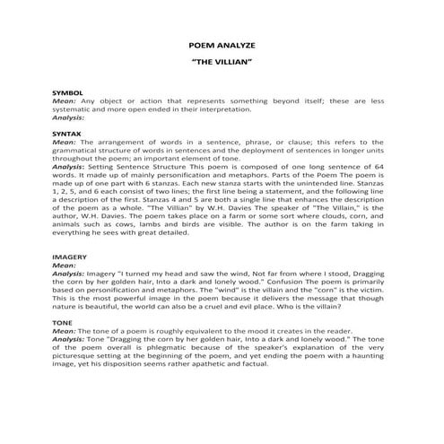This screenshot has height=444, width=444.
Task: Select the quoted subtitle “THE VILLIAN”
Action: click(222, 63)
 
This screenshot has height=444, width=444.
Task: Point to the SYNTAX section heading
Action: click(67, 132)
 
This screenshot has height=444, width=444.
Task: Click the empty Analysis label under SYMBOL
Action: click(69, 118)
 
